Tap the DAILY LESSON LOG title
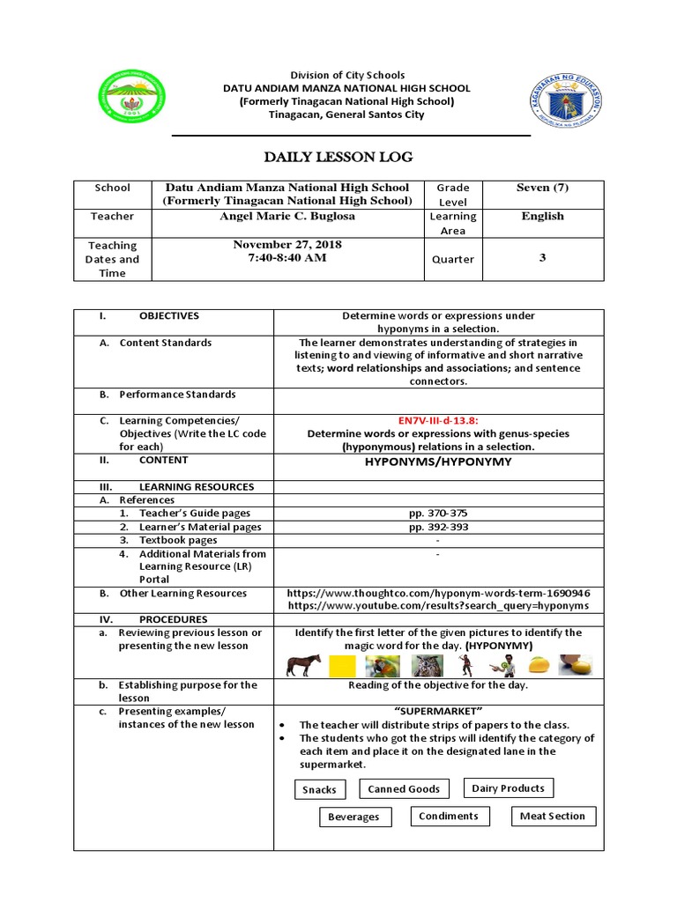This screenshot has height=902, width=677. click(338, 157)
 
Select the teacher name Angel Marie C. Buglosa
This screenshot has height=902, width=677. click(286, 216)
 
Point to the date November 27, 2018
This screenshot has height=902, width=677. click(286, 244)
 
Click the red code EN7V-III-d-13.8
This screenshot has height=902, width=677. click(437, 420)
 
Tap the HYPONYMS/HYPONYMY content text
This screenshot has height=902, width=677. click(437, 461)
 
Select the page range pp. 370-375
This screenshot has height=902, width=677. click(437, 513)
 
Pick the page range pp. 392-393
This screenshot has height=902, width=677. click(437, 527)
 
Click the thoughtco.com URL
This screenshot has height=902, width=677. click(438, 593)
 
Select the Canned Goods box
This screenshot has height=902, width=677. click(404, 789)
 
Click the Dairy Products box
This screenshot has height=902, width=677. click(508, 788)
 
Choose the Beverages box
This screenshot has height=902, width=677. click(353, 817)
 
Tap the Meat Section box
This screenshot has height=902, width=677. click(552, 816)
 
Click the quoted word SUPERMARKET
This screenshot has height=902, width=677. click(437, 711)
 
